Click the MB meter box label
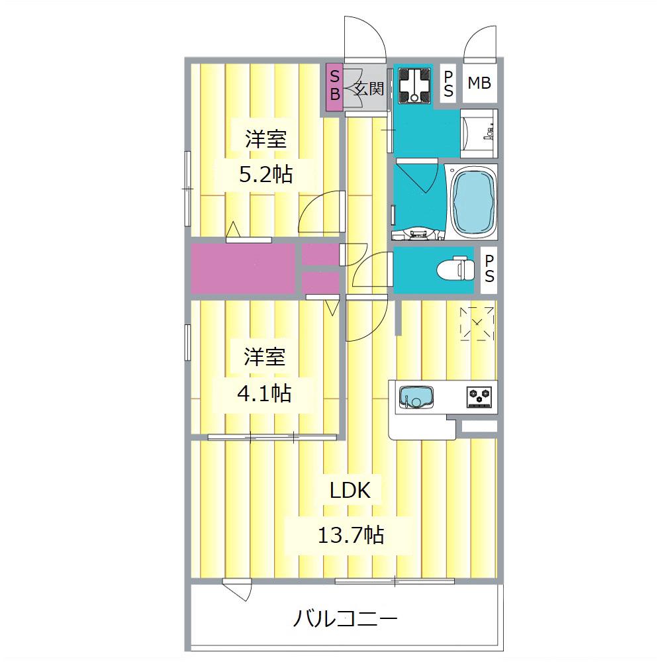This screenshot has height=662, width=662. coord(479,83)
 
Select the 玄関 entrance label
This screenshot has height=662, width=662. coord(369,89)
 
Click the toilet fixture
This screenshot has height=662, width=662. coord(457,269)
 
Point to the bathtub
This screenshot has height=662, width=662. coord(473,203)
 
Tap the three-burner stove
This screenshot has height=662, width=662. coord(481,396)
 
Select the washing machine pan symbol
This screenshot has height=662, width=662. coord(416,85)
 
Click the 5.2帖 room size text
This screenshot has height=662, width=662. coord(265,175)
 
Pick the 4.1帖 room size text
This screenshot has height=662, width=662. coord(264,393)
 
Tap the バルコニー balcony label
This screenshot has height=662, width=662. coord(345,620)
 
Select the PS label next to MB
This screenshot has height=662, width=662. coord(448,84)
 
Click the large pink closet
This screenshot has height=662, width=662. coord(243,268)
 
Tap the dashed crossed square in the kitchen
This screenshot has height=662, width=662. coord(477,323)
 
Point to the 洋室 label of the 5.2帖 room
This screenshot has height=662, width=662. coord(265,140)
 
